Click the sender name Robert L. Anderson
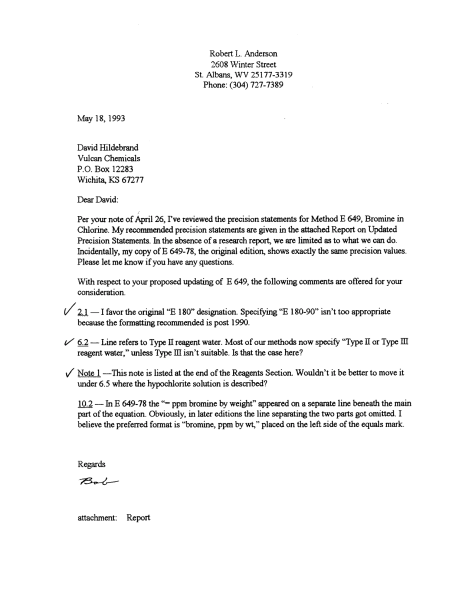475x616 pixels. click(x=243, y=53)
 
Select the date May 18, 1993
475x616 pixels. click(x=101, y=118)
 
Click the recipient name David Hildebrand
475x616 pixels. click(x=107, y=147)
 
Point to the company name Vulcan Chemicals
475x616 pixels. click(x=108, y=158)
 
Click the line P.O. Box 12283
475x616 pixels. click(x=105, y=169)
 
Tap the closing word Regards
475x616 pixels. click(x=91, y=464)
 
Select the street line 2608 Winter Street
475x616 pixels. click(x=243, y=64)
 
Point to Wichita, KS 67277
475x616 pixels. click(x=110, y=180)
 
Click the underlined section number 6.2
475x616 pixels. click(x=83, y=342)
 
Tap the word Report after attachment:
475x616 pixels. click(x=138, y=518)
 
